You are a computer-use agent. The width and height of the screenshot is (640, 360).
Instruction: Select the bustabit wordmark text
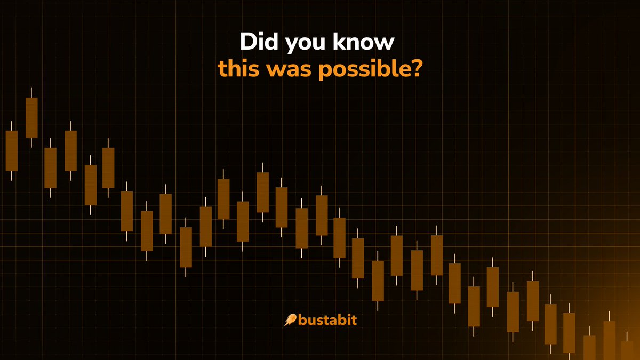pos(327,320)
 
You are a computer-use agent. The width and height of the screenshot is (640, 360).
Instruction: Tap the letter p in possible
pos(325,72)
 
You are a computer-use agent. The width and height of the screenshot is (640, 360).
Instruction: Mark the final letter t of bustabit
pos(354,320)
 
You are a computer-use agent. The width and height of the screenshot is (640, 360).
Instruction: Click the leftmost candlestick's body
pos(12,150)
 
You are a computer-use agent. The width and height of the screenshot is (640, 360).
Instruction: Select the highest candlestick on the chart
pos(31,117)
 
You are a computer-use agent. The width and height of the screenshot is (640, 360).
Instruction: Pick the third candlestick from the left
pos(50,167)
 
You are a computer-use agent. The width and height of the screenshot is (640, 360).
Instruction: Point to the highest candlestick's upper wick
pos(31,92)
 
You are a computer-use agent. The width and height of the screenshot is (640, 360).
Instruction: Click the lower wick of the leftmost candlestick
pos(12,175)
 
